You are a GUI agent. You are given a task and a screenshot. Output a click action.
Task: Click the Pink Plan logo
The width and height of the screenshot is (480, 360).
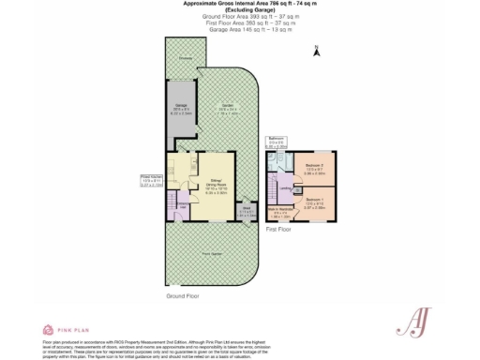(65, 329)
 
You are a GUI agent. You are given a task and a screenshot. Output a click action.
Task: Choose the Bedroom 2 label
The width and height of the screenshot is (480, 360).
(314, 170)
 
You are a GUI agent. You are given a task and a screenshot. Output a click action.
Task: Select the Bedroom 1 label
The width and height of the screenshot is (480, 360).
(314, 200)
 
